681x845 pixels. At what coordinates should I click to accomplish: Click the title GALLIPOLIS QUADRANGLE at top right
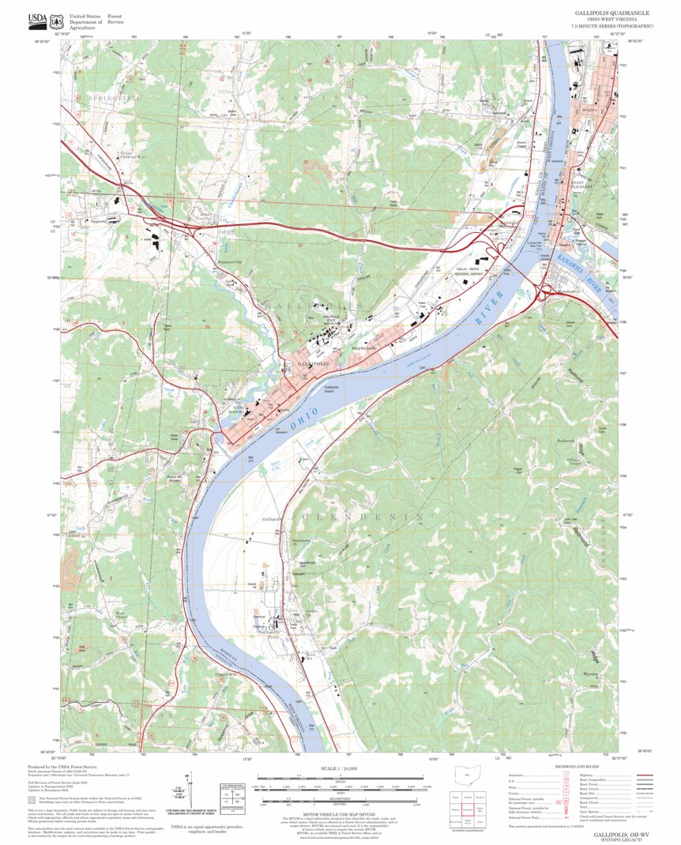[x=611, y=13]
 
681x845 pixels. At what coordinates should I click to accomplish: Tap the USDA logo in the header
[x=36, y=21]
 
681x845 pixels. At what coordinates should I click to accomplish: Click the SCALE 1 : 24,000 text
[x=340, y=768]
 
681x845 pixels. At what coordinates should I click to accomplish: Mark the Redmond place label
[x=566, y=440]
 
